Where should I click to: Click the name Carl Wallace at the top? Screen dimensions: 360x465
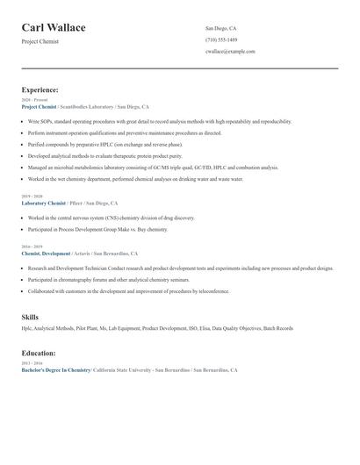point(54,28)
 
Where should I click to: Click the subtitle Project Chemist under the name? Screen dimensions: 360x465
point(40,41)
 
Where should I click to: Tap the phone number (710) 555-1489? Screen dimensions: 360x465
point(220,39)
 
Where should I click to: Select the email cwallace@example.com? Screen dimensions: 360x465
point(230,51)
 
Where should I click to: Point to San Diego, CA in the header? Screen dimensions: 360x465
point(220,28)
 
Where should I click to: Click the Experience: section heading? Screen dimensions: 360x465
point(40,89)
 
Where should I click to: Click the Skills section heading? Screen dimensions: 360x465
point(30,317)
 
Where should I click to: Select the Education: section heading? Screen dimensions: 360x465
point(40,353)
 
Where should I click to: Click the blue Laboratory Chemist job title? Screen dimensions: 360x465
point(43,203)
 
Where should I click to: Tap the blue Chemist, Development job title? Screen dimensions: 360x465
point(46,254)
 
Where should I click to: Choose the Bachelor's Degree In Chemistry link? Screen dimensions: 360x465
point(56,370)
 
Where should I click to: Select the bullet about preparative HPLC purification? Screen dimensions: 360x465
point(105,144)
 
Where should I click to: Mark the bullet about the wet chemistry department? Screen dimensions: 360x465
point(135,178)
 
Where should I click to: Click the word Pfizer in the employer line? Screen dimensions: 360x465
point(76,203)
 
